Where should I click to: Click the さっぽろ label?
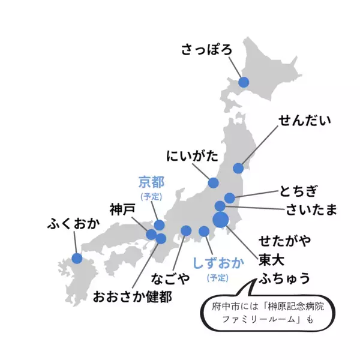pos(206,49)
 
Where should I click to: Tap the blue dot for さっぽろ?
pos(244,82)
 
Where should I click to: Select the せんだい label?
pos(305,121)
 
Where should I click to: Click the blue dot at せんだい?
pos(238,168)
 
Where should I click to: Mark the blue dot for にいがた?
pos(213,183)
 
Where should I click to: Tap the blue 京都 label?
pos(151,181)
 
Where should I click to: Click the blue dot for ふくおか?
pos(77,258)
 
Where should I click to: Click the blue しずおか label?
pos(218,263)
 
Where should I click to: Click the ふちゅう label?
pos(284,278)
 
